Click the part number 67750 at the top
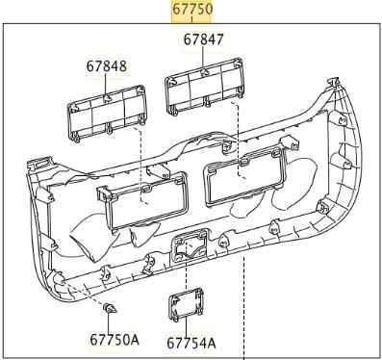coord(192,9)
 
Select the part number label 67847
coord(203,39)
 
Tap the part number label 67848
coord(106,66)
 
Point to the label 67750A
coord(115,340)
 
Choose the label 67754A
coord(191,343)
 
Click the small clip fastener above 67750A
coord(110,309)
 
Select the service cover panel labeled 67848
coord(107,114)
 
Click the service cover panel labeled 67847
coord(204,86)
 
